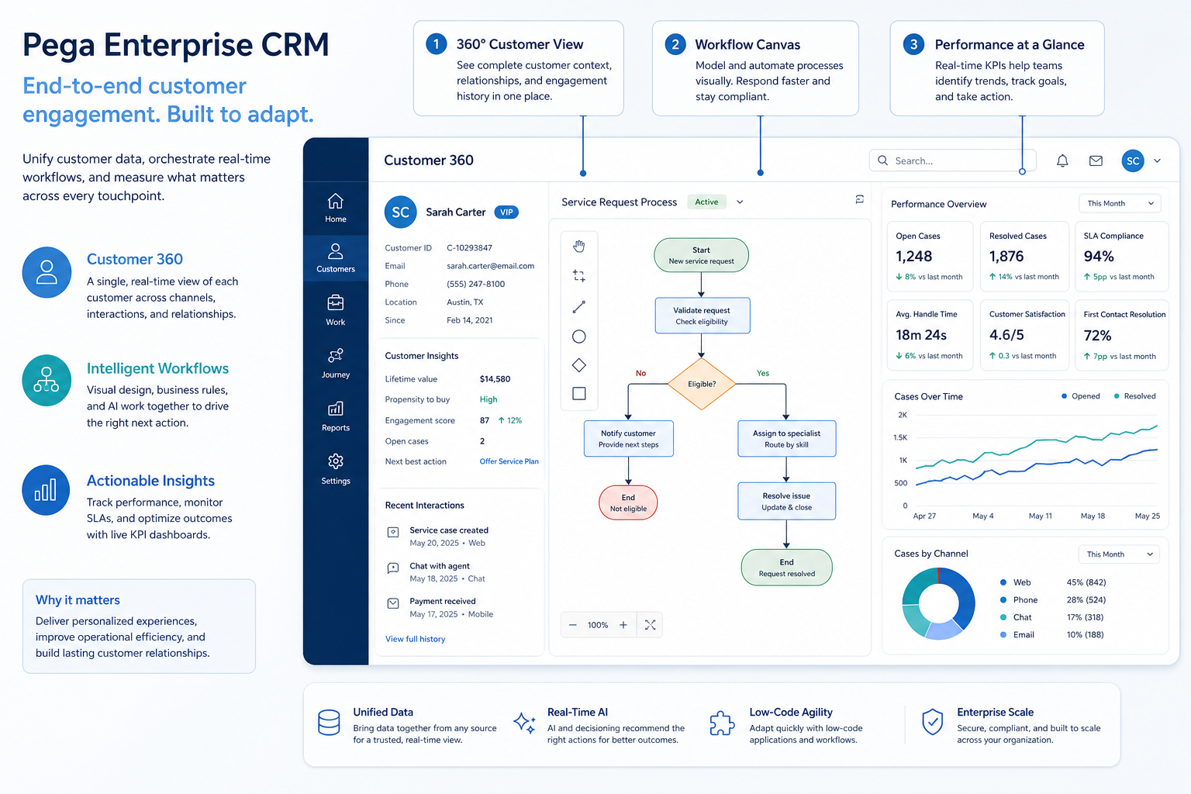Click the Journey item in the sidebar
click(336, 363)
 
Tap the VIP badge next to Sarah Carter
click(506, 212)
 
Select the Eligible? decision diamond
click(701, 384)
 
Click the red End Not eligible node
click(628, 502)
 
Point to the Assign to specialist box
click(786, 438)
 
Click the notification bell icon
click(1062, 161)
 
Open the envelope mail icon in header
click(1096, 161)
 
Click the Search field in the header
click(952, 161)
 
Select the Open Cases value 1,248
click(913, 257)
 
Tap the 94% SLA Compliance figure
click(1099, 257)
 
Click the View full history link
click(415, 639)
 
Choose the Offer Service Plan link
click(509, 461)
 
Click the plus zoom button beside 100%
click(623, 625)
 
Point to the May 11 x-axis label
click(1040, 516)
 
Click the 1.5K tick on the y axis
click(900, 437)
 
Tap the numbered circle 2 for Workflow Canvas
click(675, 44)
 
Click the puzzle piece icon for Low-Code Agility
click(722, 723)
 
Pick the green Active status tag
click(706, 202)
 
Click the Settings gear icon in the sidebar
click(336, 461)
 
